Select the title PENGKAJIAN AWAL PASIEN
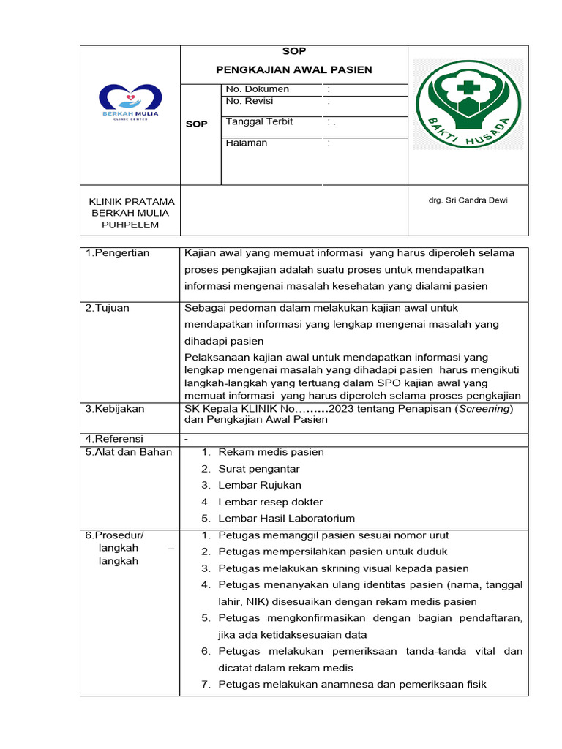(x=293, y=69)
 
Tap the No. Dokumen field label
(x=257, y=89)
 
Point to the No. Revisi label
(x=249, y=101)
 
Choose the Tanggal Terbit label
(x=259, y=121)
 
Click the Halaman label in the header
(x=246, y=143)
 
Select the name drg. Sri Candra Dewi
(x=468, y=200)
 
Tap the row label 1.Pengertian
(x=117, y=253)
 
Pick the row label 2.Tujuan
(x=107, y=308)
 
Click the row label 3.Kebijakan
(x=115, y=409)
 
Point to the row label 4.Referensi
(x=114, y=439)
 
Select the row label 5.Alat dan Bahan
(x=128, y=452)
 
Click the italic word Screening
(x=484, y=409)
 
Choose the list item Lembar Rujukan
(x=260, y=485)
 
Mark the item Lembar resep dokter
(x=270, y=502)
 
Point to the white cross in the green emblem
(x=466, y=89)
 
